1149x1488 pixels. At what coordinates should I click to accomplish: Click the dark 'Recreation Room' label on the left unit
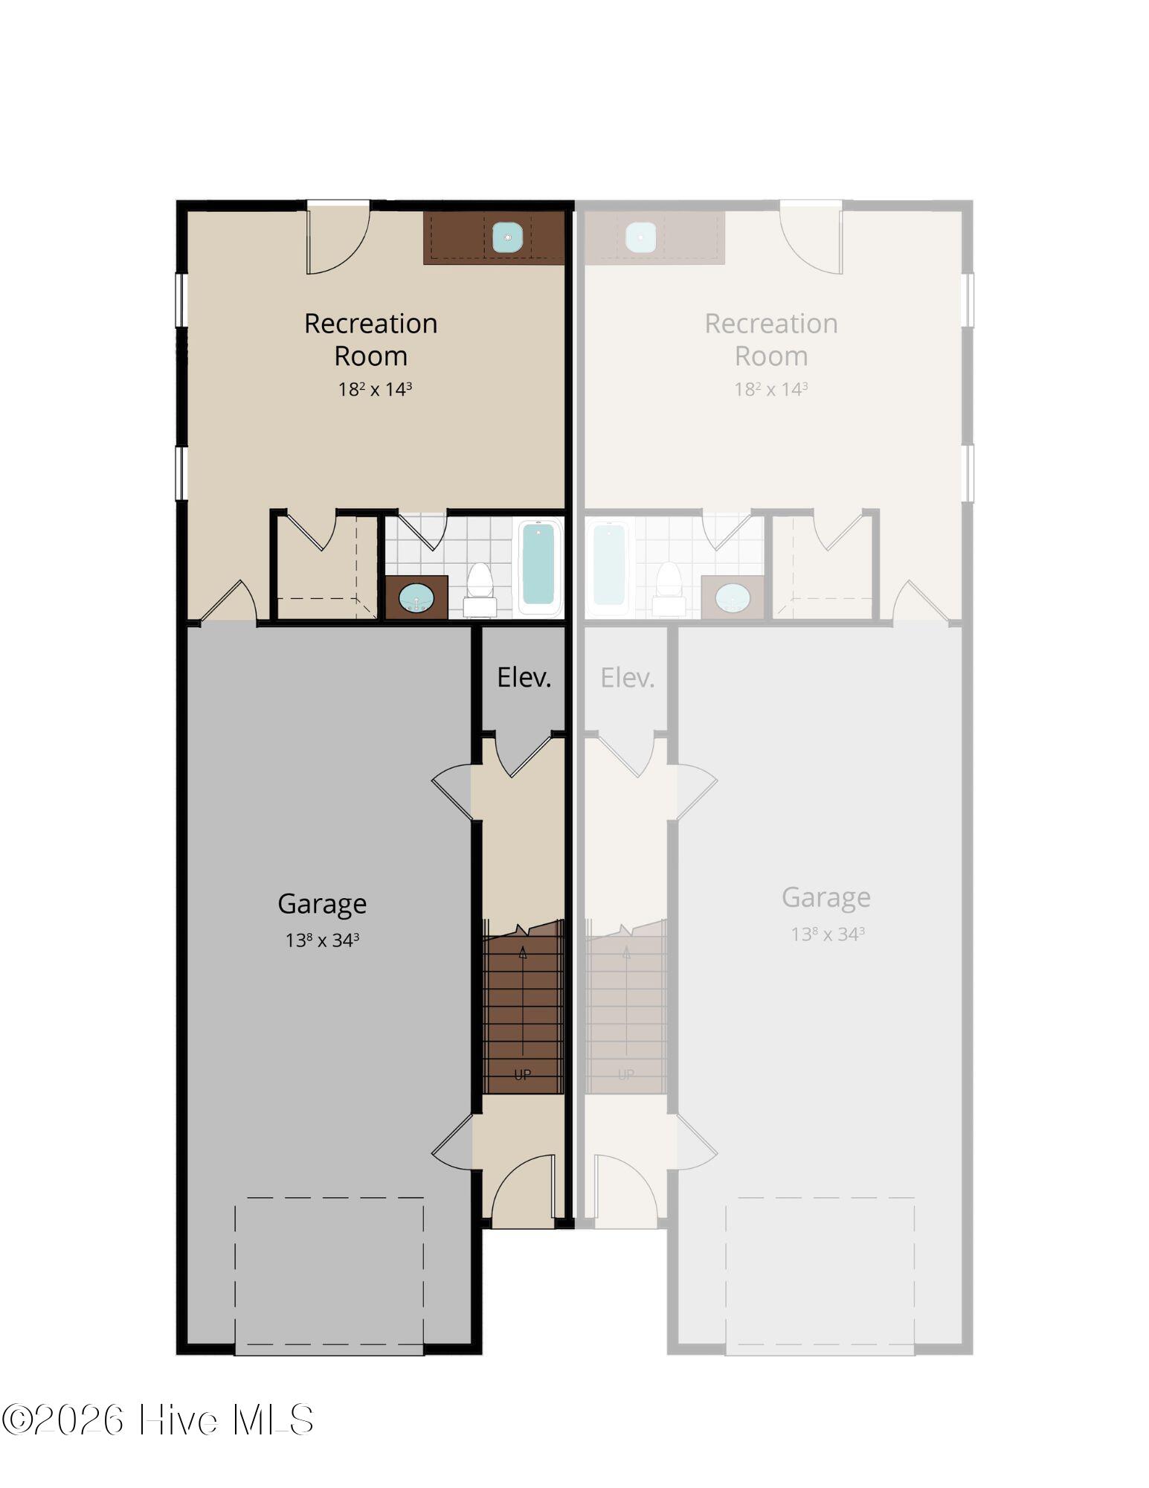point(370,339)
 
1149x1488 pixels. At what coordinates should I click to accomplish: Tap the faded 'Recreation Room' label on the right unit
point(771,339)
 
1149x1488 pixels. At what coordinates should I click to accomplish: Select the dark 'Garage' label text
point(322,904)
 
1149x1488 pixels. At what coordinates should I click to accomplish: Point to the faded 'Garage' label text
point(826,897)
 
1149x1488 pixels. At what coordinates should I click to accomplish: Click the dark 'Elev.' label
point(524,677)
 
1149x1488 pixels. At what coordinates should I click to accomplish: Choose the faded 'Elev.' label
point(628,677)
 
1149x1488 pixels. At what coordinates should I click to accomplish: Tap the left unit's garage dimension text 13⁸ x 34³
point(322,940)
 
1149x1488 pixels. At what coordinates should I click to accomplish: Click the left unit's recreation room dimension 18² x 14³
point(375,389)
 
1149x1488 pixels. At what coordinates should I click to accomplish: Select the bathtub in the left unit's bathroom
point(538,566)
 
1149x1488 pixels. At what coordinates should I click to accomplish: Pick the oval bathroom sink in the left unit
point(416,599)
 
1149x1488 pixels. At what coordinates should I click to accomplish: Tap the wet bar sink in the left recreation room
point(507,237)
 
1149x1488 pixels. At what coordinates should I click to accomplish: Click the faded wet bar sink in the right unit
point(640,237)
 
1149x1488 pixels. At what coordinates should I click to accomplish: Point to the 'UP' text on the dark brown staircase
point(522,1074)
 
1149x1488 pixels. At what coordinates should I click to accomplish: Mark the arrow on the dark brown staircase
point(523,1008)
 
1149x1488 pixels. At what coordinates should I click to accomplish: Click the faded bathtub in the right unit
point(608,566)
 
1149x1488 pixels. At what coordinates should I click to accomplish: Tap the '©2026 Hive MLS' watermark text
point(158,1420)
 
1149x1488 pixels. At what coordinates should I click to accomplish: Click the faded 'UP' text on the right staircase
point(626,1074)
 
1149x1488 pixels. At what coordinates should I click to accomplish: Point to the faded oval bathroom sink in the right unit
point(733,598)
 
